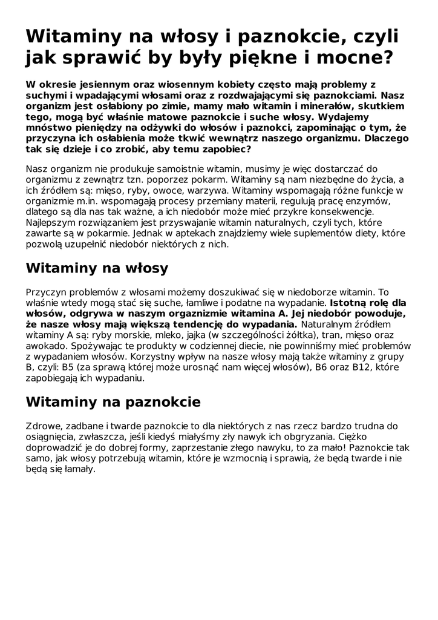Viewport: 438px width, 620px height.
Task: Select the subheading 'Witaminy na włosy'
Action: tap(97, 268)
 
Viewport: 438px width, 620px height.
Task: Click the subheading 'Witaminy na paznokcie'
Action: tap(113, 401)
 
